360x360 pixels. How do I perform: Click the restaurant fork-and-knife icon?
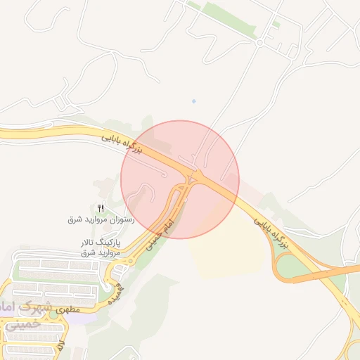[101, 208]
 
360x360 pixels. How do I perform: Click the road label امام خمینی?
[160, 234]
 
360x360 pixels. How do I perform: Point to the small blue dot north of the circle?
[194, 101]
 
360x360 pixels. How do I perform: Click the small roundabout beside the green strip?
[259, 42]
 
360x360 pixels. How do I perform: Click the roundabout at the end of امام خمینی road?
[127, 261]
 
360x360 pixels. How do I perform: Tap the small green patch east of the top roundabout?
[276, 25]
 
